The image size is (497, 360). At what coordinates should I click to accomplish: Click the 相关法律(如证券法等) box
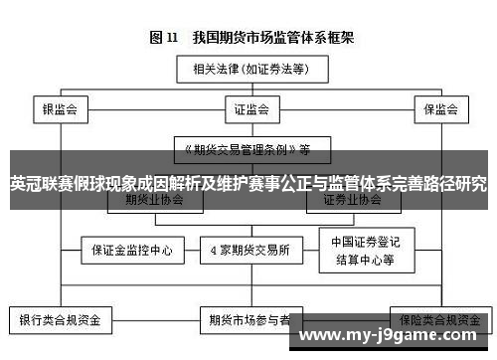point(252,69)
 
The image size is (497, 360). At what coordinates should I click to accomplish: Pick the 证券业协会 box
point(352,200)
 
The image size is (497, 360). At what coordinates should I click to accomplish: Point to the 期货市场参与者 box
point(249,321)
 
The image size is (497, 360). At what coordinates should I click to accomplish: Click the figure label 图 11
point(164,37)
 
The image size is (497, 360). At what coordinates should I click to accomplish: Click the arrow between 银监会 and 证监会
point(150,108)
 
